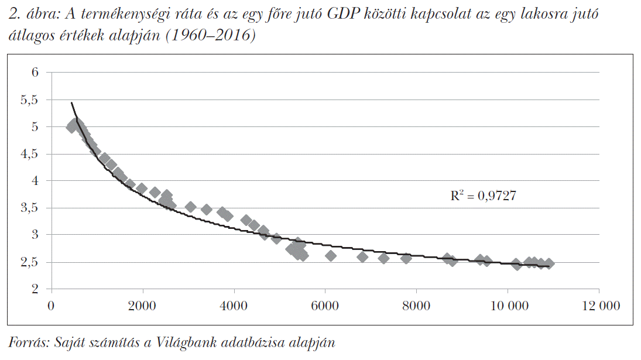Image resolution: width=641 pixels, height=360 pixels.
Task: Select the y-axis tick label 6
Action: coord(35,73)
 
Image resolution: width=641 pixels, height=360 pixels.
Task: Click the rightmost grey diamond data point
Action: coord(549,264)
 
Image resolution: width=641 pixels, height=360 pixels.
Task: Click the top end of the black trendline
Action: coord(71,102)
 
